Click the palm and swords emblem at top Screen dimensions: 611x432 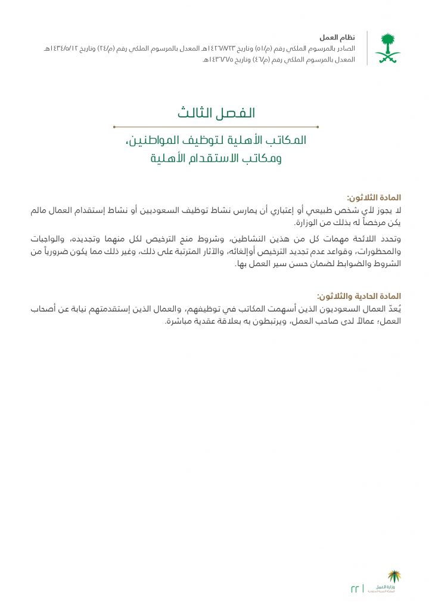click(387, 49)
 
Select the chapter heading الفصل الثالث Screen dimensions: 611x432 click(216, 113)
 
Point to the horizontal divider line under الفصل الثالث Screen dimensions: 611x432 click(216, 126)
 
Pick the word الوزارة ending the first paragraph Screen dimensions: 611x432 click(309, 223)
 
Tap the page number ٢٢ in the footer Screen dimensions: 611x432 click(355, 588)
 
